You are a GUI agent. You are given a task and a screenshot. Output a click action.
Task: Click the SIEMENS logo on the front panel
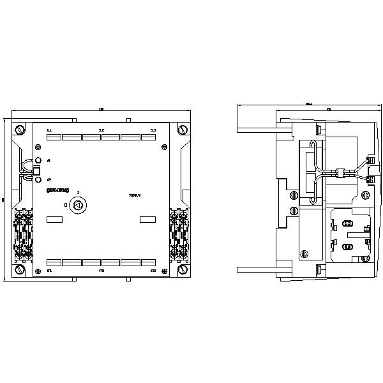coord(57,191)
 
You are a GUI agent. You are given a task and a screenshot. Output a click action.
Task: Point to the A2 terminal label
coord(49,179)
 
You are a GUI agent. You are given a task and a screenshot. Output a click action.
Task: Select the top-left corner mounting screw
coord(20,130)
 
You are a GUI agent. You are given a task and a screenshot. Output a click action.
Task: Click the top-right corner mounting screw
coord(184,130)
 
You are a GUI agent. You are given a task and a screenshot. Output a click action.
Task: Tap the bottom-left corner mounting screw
coord(20,270)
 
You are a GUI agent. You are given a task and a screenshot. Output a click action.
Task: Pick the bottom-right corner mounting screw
coord(184,270)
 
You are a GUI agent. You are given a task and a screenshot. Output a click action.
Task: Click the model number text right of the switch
coord(135,195)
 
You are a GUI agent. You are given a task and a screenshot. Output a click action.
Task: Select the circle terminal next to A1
coord(38,160)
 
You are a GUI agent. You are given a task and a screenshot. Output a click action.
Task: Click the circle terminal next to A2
coord(38,179)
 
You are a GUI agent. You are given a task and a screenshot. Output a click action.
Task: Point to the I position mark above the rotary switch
coord(77,192)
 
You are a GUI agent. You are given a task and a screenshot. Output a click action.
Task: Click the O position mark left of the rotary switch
coord(65,205)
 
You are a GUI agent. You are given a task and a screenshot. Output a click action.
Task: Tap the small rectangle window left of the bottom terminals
coord(54,220)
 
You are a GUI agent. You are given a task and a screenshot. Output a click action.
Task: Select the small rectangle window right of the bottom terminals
coord(147,220)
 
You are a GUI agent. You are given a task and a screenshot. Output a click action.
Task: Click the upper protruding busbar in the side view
coord(255,130)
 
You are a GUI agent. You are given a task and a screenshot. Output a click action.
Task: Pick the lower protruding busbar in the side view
coord(255,268)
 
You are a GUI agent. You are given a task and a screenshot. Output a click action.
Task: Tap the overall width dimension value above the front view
coord(101,110)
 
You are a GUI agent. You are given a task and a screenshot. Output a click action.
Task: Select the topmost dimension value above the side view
coord(309,103)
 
